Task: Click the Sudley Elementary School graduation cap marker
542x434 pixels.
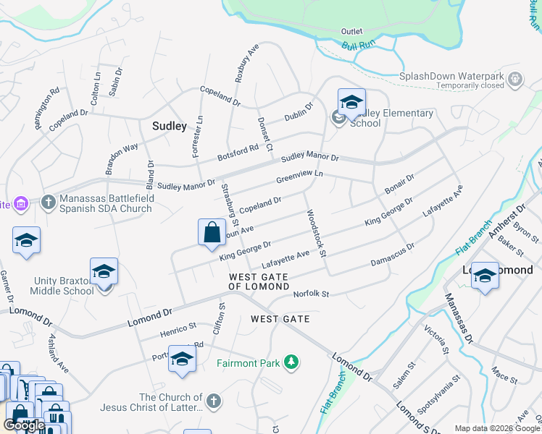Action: (x=351, y=102)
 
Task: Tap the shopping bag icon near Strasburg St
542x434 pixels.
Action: (x=212, y=232)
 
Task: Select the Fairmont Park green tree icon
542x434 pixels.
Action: (x=291, y=362)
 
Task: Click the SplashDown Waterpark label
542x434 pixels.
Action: (x=452, y=75)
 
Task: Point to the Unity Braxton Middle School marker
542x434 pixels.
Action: (x=104, y=271)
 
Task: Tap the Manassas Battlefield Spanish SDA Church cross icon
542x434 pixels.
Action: (x=49, y=201)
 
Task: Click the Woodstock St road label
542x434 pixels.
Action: (x=317, y=234)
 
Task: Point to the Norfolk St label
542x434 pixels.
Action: (x=311, y=294)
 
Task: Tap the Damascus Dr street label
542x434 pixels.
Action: (x=392, y=255)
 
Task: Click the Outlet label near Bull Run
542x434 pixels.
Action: (x=351, y=32)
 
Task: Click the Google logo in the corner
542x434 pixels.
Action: (x=24, y=425)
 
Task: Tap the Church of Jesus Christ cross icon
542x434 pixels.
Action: (x=213, y=400)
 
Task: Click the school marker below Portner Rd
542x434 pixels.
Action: (x=182, y=359)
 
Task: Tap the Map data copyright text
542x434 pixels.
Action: (x=497, y=428)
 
